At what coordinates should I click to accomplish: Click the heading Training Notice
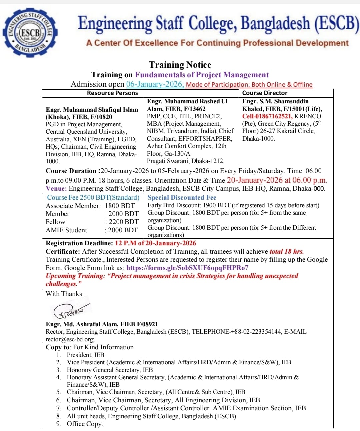180,65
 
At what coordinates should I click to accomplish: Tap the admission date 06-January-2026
155,84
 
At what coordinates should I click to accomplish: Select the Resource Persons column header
112,93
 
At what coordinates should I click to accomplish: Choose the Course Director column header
265,93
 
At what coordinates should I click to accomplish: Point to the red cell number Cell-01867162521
267,116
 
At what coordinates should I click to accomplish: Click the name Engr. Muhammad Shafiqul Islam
92,110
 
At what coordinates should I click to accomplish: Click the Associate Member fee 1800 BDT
120,206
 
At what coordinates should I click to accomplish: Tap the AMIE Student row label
66,230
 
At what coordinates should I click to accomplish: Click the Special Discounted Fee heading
182,198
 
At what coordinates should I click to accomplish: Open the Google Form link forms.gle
187,268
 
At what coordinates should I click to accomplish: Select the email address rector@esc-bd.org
70,339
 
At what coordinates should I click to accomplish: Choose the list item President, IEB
85,355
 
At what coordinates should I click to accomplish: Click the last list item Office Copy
85,424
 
